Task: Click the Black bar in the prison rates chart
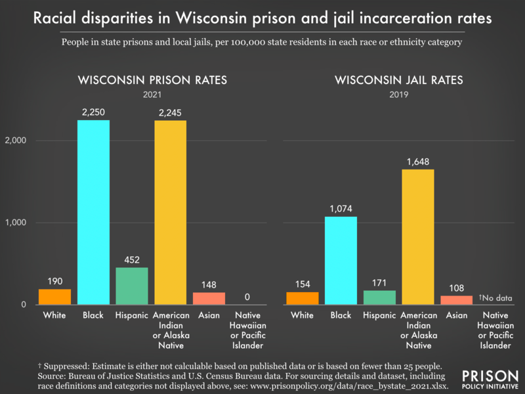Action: click(x=93, y=212)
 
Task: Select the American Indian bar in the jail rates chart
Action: click(x=417, y=237)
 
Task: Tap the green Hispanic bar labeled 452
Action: click(x=132, y=286)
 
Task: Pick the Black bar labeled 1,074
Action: click(x=341, y=261)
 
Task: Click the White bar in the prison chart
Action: click(x=54, y=297)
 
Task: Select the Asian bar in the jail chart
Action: click(x=456, y=300)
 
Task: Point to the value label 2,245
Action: click(x=170, y=113)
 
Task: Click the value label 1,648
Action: click(x=417, y=162)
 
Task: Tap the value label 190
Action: click(x=54, y=282)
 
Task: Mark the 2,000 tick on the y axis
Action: click(x=18, y=141)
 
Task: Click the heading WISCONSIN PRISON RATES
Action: click(x=152, y=81)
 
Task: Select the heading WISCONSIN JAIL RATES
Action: click(x=399, y=81)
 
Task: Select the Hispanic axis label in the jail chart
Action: click(x=379, y=316)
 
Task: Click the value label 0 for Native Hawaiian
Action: click(x=247, y=297)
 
